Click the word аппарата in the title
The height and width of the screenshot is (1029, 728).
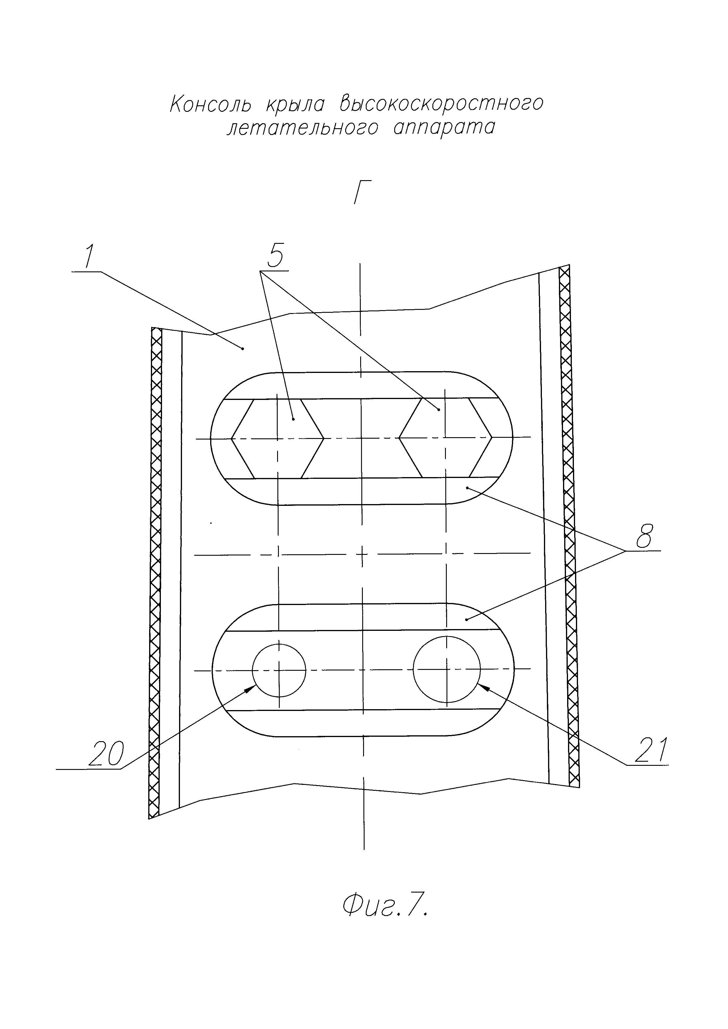[444, 128]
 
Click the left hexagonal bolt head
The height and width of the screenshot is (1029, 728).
[277, 438]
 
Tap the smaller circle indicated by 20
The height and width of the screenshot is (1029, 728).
[279, 670]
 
